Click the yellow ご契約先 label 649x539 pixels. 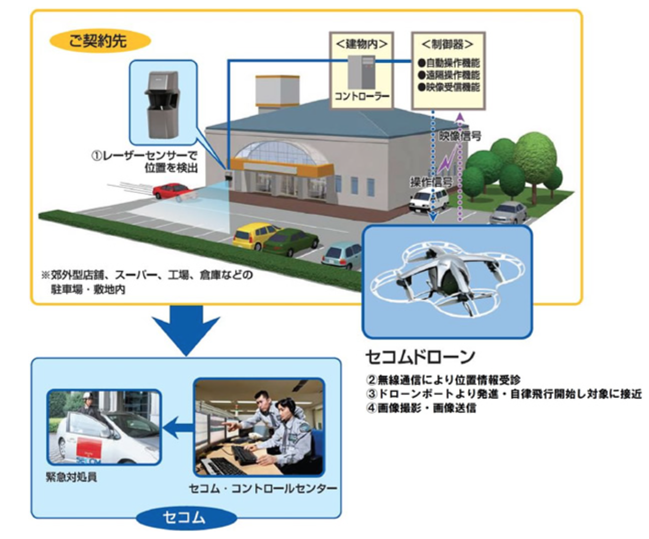99,41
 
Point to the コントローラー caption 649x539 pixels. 362,97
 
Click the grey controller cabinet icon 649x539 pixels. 361,72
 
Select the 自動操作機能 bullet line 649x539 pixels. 449,63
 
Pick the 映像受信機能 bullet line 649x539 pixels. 449,87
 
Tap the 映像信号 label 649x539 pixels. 460,136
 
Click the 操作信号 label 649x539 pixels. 431,182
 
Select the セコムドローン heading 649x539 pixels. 420,356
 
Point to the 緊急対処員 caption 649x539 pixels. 71,477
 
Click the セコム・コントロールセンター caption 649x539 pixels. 263,488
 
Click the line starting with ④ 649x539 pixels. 421,408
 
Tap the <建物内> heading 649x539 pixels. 361,44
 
